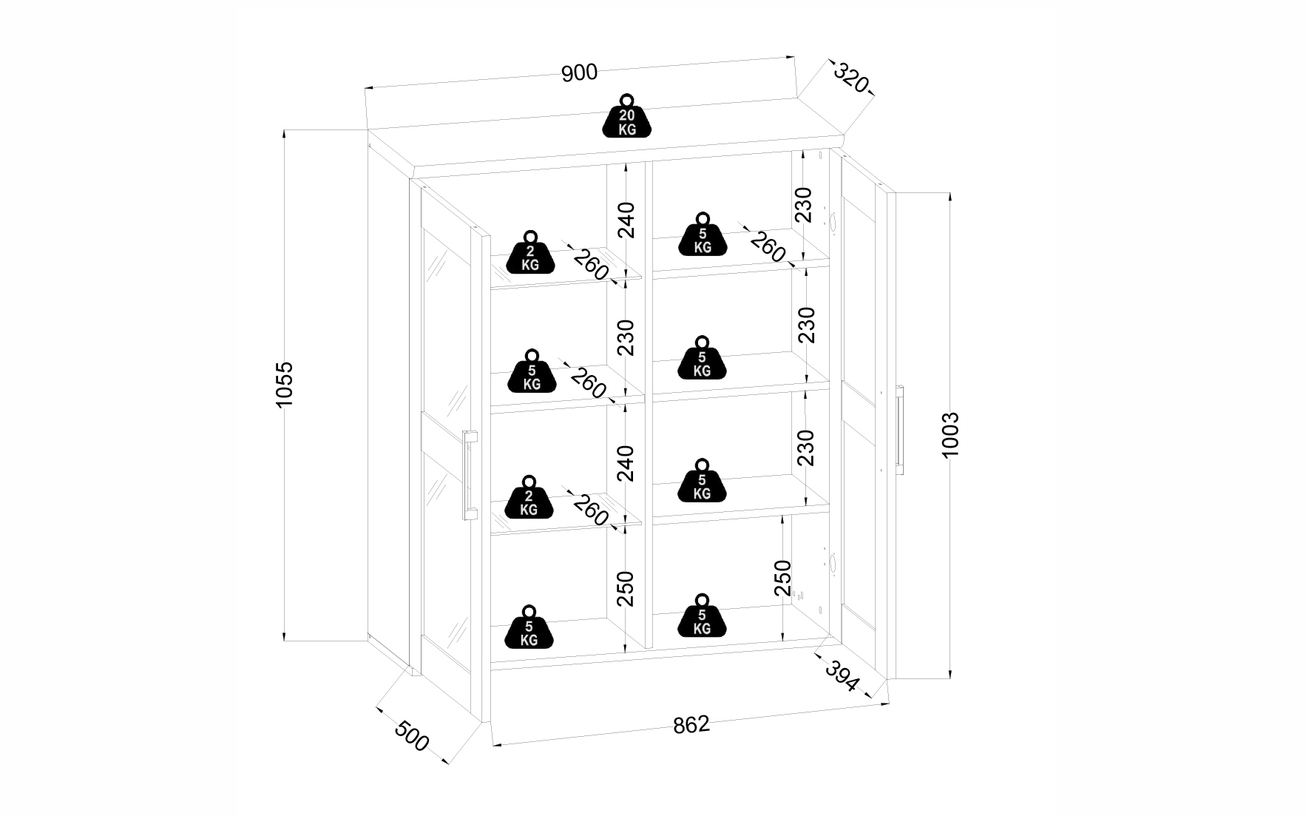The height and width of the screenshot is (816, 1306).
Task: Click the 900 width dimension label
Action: (579, 73)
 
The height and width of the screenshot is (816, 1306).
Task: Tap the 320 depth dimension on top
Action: (850, 78)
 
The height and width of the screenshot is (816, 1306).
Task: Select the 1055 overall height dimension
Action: (285, 384)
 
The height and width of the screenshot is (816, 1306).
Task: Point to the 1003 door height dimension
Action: (950, 434)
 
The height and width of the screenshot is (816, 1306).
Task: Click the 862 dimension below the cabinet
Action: (691, 724)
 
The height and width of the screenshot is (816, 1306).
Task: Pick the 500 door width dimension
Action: (412, 736)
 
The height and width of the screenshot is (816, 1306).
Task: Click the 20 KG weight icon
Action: (627, 116)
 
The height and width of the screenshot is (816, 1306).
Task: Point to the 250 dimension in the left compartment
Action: (626, 588)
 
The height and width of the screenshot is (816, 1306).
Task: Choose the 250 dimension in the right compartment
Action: (782, 578)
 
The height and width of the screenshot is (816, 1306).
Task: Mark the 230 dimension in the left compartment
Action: (626, 337)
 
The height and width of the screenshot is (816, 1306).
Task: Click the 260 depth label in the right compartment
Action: (768, 246)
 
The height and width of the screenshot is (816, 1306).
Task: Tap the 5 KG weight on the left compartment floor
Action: (529, 627)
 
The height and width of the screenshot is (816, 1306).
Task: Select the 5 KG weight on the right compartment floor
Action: (701, 616)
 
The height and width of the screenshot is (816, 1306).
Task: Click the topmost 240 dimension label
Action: (626, 219)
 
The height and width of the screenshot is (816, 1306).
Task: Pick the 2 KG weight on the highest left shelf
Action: (530, 253)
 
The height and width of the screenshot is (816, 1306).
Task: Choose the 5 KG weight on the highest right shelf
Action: (702, 235)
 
